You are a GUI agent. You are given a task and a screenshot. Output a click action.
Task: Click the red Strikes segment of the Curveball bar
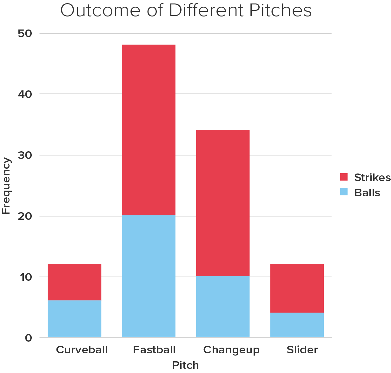click(x=75, y=282)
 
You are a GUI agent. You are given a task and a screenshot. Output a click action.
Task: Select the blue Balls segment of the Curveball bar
click(x=75, y=318)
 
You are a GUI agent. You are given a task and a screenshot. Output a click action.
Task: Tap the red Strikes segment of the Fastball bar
click(x=149, y=130)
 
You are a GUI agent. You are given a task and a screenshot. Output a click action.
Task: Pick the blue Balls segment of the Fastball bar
click(x=149, y=276)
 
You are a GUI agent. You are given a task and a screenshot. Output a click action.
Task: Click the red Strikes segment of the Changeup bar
click(x=223, y=203)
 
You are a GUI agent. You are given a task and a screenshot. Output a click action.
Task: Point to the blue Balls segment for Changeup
click(x=223, y=306)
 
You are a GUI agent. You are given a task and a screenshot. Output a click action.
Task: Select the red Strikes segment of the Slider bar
click(x=297, y=288)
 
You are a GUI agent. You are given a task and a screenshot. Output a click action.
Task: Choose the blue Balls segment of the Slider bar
click(x=297, y=325)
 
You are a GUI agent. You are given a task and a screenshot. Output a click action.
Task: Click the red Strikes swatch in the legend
click(x=344, y=177)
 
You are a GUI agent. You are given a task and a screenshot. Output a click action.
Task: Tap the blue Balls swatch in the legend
click(x=344, y=192)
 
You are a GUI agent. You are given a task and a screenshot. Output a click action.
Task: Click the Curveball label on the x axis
click(x=82, y=350)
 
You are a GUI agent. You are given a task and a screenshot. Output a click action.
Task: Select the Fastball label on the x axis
click(x=154, y=350)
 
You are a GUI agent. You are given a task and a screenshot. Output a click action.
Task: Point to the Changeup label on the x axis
click(x=231, y=350)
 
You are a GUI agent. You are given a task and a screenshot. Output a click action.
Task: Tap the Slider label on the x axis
click(x=302, y=350)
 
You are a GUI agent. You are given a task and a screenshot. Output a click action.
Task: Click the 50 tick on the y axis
click(x=25, y=33)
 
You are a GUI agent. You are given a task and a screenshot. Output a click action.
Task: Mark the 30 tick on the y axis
click(x=25, y=155)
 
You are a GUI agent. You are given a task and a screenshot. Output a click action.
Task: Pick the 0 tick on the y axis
click(x=28, y=337)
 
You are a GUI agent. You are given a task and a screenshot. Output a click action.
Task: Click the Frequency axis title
click(x=6, y=186)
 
